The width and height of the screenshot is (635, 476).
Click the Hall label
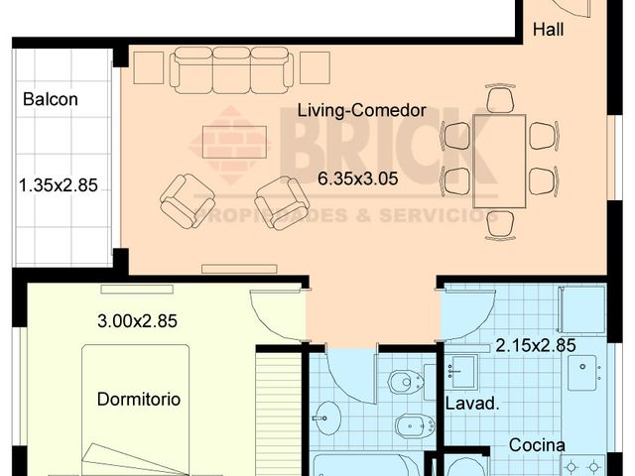tap(548, 31)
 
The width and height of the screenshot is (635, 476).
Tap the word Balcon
tap(50, 99)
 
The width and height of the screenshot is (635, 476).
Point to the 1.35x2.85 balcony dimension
tap(59, 183)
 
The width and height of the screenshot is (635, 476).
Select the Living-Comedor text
tap(361, 111)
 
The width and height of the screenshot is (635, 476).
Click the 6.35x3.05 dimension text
tap(359, 179)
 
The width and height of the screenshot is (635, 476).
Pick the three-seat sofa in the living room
tap(231, 69)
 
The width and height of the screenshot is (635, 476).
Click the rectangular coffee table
tap(234, 141)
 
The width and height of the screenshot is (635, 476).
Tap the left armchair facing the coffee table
tap(187, 200)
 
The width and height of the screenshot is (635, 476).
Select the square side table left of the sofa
tap(148, 67)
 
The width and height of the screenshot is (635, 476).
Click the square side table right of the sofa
tap(315, 67)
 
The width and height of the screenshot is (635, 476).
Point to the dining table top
tap(499, 161)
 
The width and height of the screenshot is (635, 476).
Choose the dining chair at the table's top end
tap(500, 100)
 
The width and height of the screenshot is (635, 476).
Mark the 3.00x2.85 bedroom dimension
tap(137, 321)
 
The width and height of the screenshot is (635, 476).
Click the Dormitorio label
tap(139, 400)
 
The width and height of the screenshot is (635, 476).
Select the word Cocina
tap(537, 445)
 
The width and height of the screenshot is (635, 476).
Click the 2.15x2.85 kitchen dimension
tap(536, 346)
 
